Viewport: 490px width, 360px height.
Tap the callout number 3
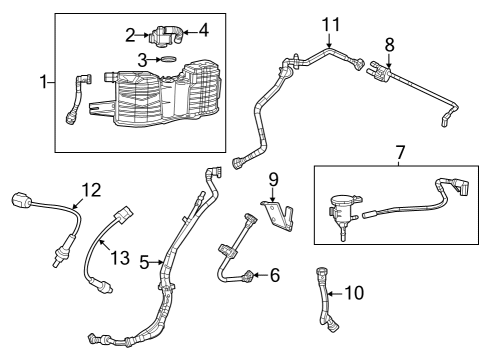(x=142, y=61)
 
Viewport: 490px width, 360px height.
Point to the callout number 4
(x=204, y=30)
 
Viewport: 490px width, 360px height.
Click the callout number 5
(x=145, y=263)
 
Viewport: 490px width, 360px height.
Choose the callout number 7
(x=399, y=152)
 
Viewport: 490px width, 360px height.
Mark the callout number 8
(x=389, y=44)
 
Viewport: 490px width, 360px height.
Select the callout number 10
(x=355, y=293)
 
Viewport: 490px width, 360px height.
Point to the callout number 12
(x=91, y=188)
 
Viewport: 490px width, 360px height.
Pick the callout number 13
(x=120, y=259)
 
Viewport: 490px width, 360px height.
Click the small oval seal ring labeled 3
(x=168, y=61)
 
